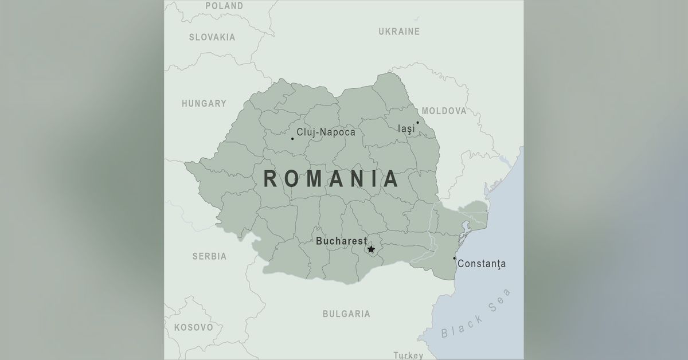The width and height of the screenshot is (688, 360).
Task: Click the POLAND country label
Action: [224, 6]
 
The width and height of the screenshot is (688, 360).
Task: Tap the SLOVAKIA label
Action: [212, 37]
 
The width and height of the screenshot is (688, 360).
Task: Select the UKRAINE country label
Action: [399, 32]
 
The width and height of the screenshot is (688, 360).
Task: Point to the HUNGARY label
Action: [204, 104]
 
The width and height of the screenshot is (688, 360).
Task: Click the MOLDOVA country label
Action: [444, 111]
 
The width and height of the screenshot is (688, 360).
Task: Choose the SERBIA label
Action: [209, 256]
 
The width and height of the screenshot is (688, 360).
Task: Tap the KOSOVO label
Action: [193, 327]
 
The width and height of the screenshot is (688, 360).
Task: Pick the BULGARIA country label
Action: [346, 314]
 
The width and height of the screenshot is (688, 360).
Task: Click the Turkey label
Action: [408, 355]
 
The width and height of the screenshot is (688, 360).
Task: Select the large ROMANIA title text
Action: [331, 179]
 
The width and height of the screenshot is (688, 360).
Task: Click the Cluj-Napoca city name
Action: [326, 132]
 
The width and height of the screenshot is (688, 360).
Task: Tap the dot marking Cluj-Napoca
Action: [292, 138]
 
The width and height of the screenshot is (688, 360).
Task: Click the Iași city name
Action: [406, 129]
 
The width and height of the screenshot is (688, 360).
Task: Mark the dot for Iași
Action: [417, 122]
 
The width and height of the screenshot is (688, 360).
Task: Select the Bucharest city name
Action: [341, 241]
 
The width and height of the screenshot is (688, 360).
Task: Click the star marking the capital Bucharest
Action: [371, 249]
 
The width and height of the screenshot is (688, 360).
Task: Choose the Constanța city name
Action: [482, 264]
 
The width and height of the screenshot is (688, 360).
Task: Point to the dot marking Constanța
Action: [455, 258]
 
